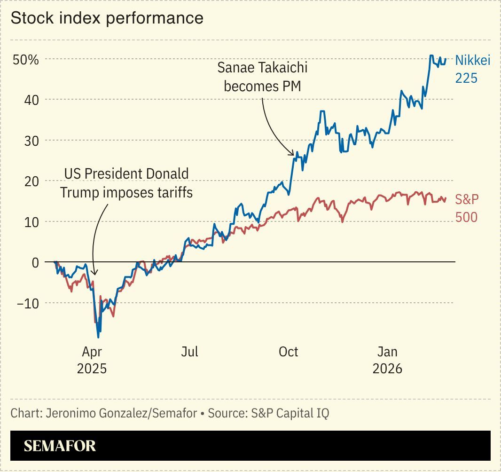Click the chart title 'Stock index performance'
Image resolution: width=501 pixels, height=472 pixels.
[x=107, y=18]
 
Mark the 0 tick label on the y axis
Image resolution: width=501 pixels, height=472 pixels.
[x=35, y=262]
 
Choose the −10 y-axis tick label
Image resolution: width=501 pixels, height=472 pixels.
[x=28, y=303]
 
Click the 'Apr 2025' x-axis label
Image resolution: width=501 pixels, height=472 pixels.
[x=92, y=360]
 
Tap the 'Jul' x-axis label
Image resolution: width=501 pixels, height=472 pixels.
[x=190, y=352]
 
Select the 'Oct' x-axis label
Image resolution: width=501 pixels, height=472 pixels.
[x=288, y=352]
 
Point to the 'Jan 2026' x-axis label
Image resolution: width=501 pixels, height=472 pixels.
[x=387, y=360]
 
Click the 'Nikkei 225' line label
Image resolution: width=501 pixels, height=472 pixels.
[x=472, y=68]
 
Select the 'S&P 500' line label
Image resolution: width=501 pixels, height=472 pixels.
[x=467, y=208]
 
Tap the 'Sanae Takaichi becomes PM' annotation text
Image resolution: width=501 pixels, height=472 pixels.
[x=262, y=77]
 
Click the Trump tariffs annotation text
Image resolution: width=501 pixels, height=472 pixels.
[x=126, y=183]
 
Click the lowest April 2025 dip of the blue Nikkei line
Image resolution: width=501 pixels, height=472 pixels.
[x=98, y=337]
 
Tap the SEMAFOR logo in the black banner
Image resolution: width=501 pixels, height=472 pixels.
[x=60, y=446]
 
